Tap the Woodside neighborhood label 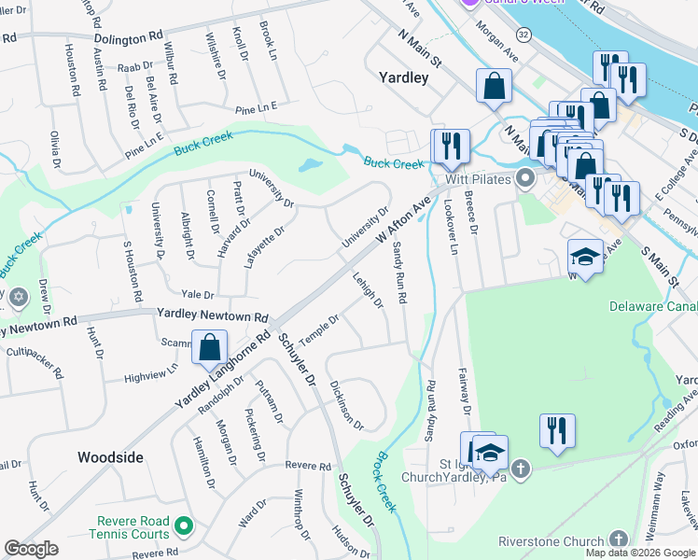[x=110, y=457]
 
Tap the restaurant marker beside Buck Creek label [x=450, y=146]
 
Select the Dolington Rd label [x=129, y=39]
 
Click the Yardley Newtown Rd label [x=213, y=316]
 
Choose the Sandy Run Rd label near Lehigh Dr [x=399, y=272]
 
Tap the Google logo [x=31, y=549]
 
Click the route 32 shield [x=523, y=34]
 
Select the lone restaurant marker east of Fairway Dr [x=557, y=430]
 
